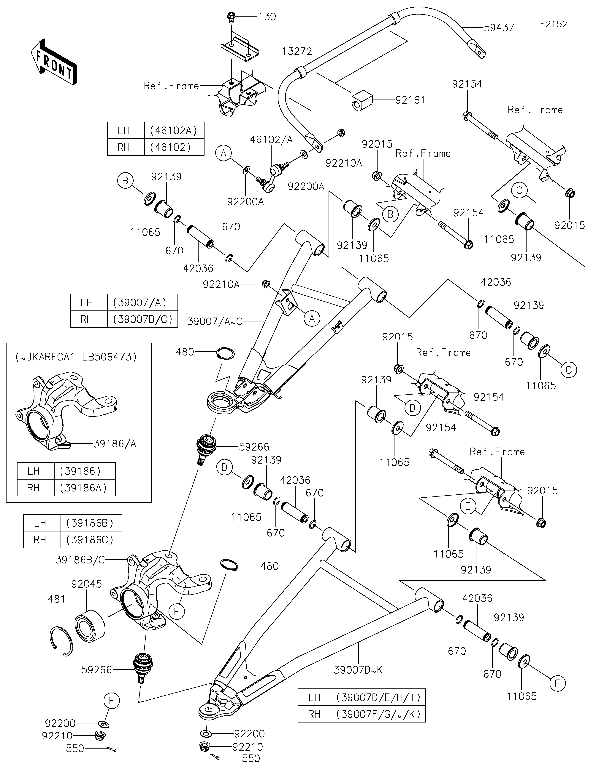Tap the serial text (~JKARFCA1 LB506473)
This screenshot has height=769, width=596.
point(76,357)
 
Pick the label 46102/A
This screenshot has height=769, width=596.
point(271,140)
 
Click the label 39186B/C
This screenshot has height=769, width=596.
point(80,560)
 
